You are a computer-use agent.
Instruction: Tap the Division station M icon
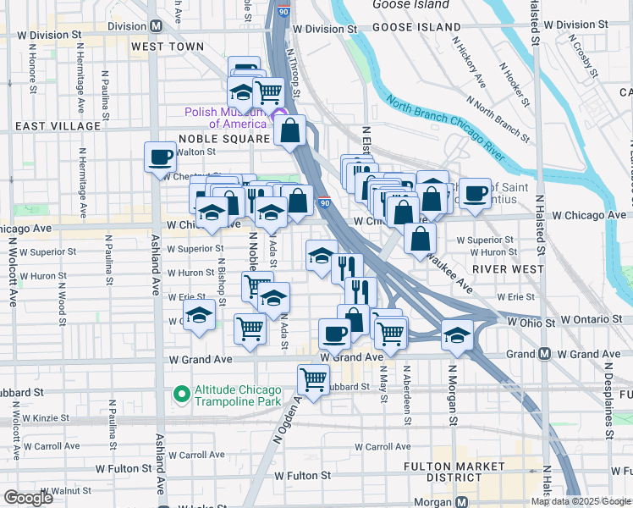(156, 26)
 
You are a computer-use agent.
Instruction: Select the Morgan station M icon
(461, 501)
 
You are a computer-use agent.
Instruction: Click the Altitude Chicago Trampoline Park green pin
(180, 394)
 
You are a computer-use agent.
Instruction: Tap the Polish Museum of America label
(227, 118)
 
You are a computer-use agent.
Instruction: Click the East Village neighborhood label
(58, 126)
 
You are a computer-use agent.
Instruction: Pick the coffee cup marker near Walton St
(160, 156)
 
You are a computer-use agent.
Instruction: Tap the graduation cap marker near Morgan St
(457, 336)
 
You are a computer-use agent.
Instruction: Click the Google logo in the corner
(28, 498)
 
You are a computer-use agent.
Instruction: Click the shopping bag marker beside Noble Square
(289, 131)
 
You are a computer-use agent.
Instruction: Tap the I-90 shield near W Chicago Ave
(325, 202)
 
